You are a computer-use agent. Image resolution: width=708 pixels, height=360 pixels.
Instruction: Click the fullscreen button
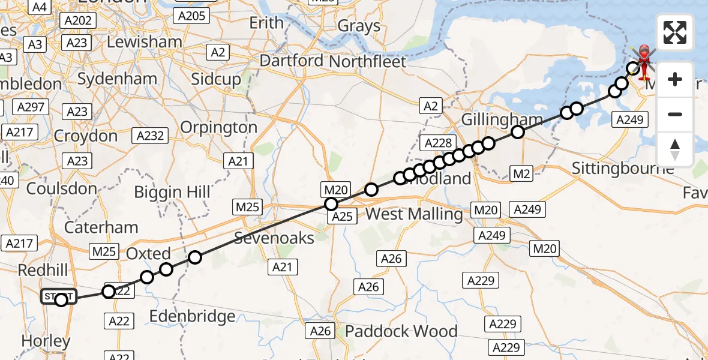[x=675, y=32]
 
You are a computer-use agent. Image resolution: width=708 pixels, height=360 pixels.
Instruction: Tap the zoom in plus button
[x=675, y=79]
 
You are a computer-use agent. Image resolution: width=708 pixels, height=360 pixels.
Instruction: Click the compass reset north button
[x=675, y=149]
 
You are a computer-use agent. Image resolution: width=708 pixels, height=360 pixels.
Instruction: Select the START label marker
[x=59, y=296]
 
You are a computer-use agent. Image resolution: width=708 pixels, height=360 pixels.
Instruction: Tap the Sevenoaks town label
[x=274, y=238]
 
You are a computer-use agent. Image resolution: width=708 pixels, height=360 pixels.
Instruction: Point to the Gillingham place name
[x=502, y=119]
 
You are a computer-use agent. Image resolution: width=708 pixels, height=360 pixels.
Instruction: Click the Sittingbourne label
[x=623, y=167]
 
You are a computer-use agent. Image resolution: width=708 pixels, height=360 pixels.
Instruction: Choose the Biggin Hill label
[x=172, y=192]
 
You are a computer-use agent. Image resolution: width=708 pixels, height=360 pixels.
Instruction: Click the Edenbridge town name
[x=191, y=316]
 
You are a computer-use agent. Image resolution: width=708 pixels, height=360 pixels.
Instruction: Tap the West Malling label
[x=414, y=214]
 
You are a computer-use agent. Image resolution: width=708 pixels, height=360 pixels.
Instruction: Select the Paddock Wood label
[x=401, y=331]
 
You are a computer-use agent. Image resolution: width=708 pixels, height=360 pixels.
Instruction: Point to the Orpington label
[x=218, y=127]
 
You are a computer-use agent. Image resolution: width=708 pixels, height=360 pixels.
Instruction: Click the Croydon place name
[x=86, y=136]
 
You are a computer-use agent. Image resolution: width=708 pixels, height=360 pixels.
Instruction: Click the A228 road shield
[x=437, y=143]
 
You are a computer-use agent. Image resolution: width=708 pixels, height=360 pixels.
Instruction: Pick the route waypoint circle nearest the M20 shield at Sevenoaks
[x=331, y=204]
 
